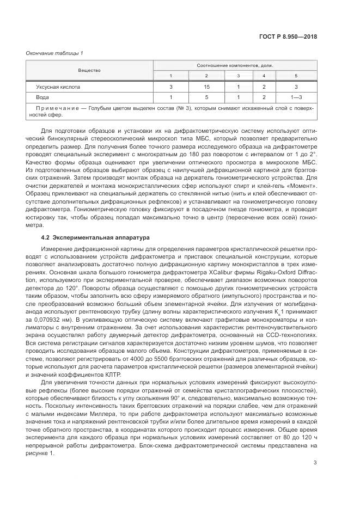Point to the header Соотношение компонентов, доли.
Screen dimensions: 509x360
coord(235,65)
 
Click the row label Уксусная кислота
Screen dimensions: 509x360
coord(58,87)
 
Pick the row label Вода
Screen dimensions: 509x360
coord(42,97)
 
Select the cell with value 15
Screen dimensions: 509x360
coord(206,87)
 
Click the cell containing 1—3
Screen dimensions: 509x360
coord(296,97)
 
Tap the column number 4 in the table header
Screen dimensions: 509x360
coord(264,76)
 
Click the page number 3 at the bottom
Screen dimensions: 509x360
coord(315,463)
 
